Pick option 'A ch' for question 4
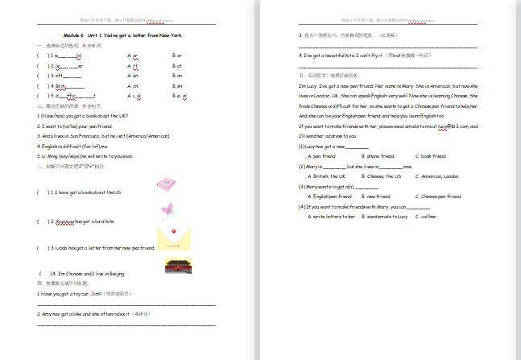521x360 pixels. pos(133,85)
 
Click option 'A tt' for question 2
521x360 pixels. pos(133,65)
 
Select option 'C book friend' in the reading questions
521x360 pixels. pos(431,155)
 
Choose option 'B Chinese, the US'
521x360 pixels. pos(384,176)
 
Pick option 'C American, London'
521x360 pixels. pos(439,176)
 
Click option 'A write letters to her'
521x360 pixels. pos(333,217)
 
